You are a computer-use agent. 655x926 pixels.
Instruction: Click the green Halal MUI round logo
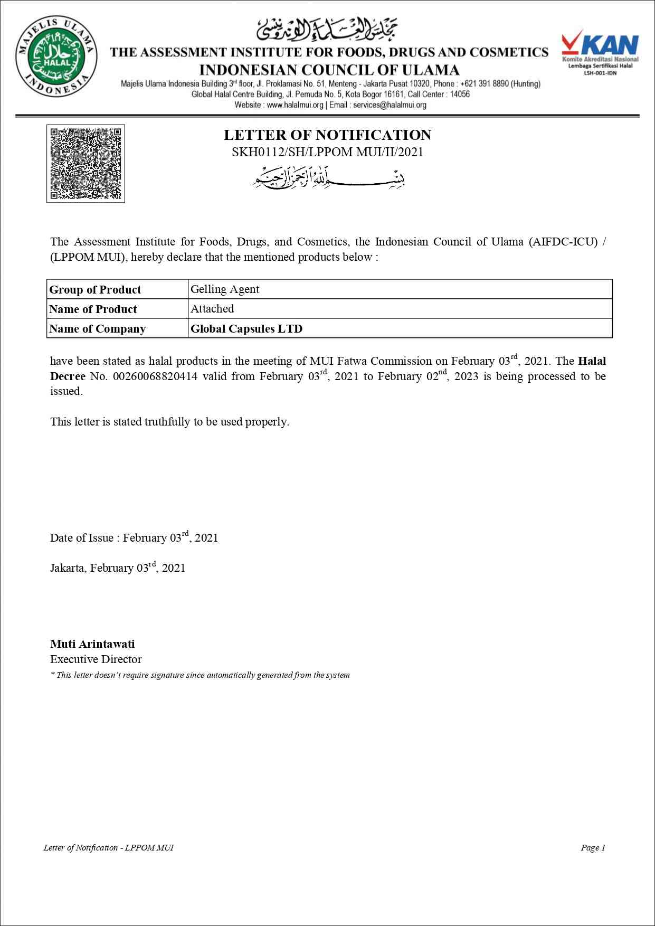coord(56,56)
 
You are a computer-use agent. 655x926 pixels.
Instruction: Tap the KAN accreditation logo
coord(600,52)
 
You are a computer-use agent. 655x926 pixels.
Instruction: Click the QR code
coord(86,163)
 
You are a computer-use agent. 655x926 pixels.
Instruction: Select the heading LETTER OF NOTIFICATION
coord(327,135)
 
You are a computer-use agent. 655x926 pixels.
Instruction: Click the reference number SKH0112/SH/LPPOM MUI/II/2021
coord(327,152)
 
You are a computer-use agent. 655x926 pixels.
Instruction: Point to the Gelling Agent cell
coord(225,289)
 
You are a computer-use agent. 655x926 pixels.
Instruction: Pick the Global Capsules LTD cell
coord(246,328)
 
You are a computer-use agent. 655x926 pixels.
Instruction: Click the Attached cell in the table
coord(212,309)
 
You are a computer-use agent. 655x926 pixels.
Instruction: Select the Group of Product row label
coord(95,289)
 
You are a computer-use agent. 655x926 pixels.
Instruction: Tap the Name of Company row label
coord(97,328)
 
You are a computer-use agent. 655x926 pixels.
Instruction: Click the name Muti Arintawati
coord(92,644)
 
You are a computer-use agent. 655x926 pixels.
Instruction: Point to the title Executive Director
coord(96,659)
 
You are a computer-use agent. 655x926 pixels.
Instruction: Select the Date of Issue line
coord(134,537)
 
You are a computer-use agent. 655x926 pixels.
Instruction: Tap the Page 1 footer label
coord(593,847)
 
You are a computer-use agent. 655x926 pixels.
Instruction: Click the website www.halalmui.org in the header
coord(295,105)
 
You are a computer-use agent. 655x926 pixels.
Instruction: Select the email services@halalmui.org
coord(390,105)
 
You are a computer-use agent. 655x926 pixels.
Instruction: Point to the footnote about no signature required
coord(200,675)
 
